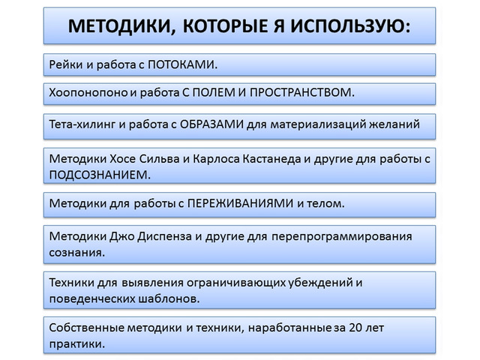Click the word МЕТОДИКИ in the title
pos(119,26)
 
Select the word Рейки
pos(66,64)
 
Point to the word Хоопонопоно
pos(88,92)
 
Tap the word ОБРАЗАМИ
pos(211,124)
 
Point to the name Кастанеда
pos(271,159)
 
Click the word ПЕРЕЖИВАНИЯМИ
pos(240,203)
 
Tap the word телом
pos(324,203)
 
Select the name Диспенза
pos(165,236)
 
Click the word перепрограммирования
pos(342,237)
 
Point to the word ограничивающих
pos(236,283)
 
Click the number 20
pos(355,328)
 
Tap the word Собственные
pos(87,328)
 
